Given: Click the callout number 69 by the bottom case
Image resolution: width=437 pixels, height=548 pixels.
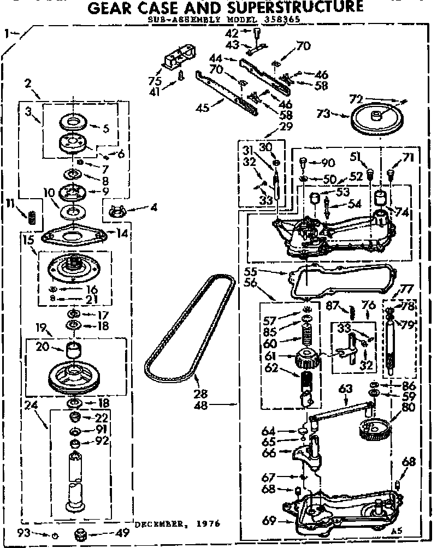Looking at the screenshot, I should [x=268, y=520].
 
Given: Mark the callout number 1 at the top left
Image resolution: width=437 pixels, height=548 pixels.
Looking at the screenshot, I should [x=7, y=34].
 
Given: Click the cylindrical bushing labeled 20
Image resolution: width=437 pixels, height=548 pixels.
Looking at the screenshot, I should [x=73, y=349].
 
